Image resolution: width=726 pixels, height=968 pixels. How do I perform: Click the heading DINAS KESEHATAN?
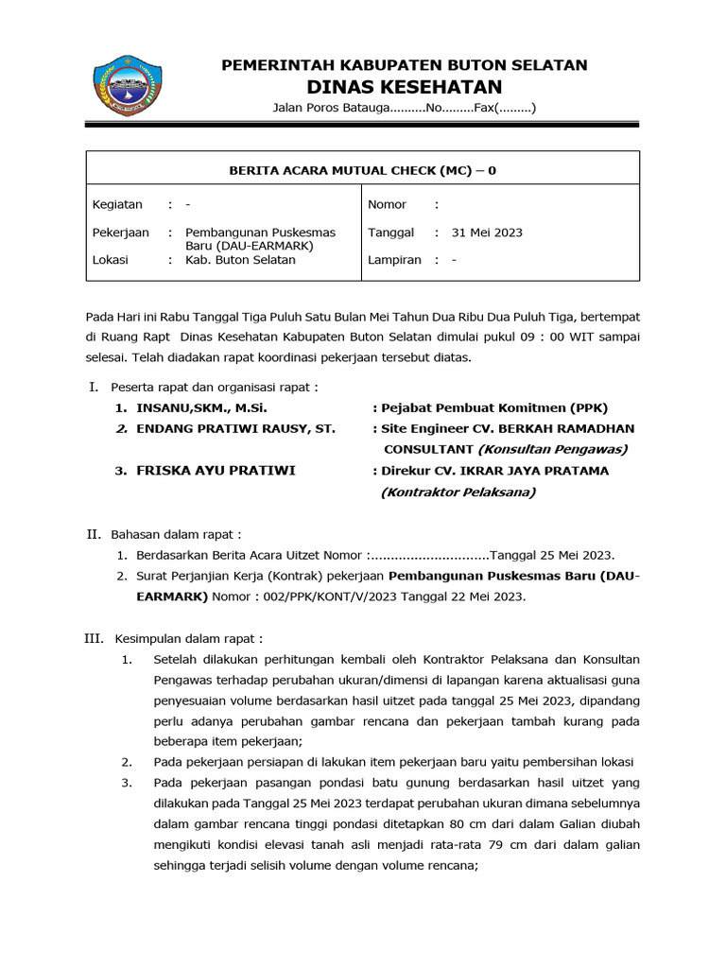point(404,87)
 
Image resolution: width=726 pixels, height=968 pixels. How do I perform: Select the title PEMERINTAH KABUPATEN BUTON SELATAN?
point(404,65)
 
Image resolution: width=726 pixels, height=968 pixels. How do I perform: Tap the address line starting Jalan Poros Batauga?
point(404,109)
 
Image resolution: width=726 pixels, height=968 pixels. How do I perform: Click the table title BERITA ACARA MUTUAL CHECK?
point(363,170)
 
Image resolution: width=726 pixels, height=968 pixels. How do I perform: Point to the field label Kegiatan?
point(117,204)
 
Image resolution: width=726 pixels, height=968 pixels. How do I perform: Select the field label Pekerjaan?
point(120,233)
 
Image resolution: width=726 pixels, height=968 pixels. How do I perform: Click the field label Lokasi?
point(110,260)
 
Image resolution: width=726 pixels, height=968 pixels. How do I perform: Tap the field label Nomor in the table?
point(387,204)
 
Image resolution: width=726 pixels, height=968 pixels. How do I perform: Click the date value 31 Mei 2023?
point(487,233)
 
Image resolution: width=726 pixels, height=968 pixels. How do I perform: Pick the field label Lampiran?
point(394,260)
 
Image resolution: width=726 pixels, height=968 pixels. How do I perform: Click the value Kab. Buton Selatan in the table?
point(240,260)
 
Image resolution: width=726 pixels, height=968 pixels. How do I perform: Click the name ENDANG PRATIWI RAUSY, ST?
point(236,429)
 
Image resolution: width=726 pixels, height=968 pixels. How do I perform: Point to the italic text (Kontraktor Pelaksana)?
point(458,492)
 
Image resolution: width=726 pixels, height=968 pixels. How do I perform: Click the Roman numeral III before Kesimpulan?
point(94,639)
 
